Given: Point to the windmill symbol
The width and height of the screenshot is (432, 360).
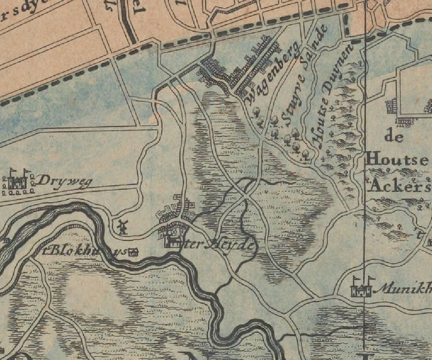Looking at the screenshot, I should tap(122, 227).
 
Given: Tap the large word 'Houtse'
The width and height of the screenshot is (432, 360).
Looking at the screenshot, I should tap(397, 159).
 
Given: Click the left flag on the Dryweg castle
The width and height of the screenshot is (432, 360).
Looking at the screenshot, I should tap(12, 171).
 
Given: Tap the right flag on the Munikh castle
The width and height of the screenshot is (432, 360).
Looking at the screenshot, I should tap(370, 279).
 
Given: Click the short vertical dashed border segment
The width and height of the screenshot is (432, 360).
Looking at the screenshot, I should tap(346, 24).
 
